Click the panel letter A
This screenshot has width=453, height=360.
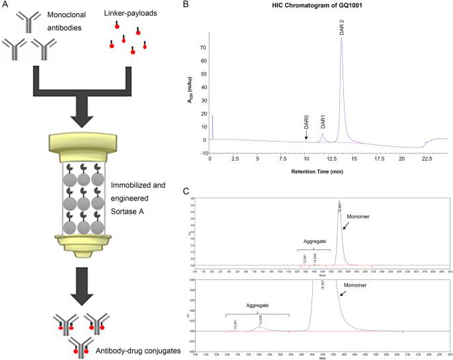point(5,5)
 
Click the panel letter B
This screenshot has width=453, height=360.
point(186,5)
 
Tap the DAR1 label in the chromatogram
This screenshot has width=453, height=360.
point(323,122)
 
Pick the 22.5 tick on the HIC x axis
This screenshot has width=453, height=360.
point(427,159)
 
